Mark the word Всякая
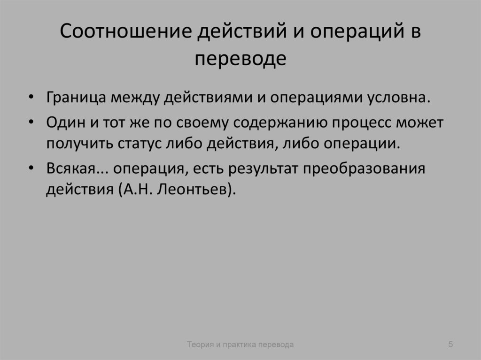70,169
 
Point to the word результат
265,169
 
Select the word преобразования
364,169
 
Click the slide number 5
450,345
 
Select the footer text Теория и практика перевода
240,345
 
